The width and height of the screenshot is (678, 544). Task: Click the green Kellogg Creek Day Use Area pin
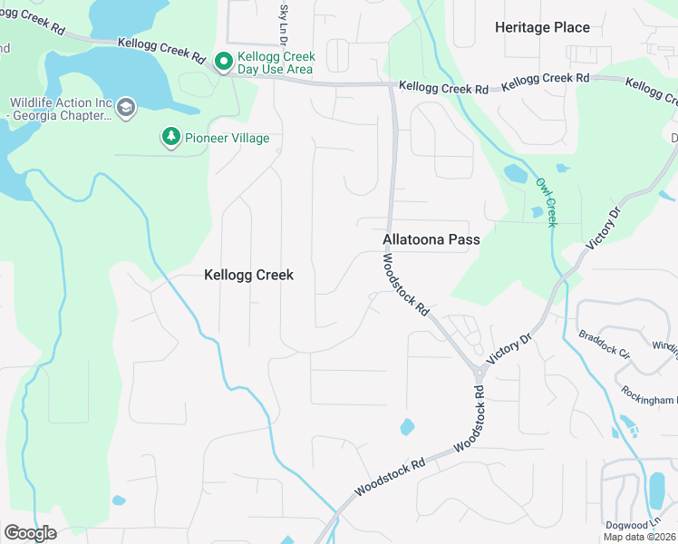coord(223,63)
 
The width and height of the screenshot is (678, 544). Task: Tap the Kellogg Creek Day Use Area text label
coord(276,63)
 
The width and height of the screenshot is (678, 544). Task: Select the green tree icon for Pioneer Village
coord(170,137)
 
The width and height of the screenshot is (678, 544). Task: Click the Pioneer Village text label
coord(227,138)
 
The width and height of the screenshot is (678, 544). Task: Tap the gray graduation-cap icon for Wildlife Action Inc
coord(126,109)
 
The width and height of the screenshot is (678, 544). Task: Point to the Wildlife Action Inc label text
coord(61,109)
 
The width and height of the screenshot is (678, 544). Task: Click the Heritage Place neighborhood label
coord(542,28)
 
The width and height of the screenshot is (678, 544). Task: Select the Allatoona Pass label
coord(431,240)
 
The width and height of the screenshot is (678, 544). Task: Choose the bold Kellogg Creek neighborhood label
coord(248,275)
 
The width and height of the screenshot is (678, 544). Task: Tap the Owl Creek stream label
coord(546,201)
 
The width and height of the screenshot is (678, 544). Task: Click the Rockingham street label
coord(649,395)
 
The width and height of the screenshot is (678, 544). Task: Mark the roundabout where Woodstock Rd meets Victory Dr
coord(478,370)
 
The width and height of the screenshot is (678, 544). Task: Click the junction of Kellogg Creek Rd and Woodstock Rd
coord(392,86)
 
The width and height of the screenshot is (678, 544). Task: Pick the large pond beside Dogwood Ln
coord(656,491)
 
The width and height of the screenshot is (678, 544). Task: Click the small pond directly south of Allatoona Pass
coord(407,426)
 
